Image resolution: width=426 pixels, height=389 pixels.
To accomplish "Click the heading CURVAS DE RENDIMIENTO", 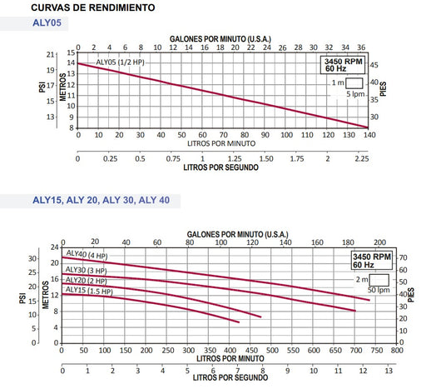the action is (x=93, y=7).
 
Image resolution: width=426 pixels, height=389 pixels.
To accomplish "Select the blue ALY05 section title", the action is (x=47, y=22).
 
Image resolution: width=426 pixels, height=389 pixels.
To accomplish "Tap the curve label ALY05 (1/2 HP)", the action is (x=120, y=62).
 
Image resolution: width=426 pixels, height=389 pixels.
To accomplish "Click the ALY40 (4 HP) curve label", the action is (x=87, y=255).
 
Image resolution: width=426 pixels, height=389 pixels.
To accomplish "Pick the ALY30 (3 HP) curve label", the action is (x=86, y=270).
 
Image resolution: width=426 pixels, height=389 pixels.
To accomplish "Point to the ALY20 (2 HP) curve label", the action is (x=86, y=281).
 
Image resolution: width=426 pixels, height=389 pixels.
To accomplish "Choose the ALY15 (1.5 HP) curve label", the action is (x=89, y=291).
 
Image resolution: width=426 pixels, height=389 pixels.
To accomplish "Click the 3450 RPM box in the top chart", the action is (x=343, y=65).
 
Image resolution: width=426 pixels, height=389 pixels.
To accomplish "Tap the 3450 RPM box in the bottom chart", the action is (x=372, y=261).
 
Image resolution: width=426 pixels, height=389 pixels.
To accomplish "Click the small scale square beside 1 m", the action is (x=354, y=83).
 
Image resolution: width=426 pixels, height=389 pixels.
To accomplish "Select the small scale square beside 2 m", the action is (x=379, y=280).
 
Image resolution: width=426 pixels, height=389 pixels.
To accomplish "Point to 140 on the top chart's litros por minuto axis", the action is (x=369, y=135).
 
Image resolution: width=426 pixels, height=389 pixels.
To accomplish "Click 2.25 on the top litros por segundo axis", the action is (x=362, y=159).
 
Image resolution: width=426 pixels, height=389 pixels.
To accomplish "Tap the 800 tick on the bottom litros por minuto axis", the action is (x=397, y=351).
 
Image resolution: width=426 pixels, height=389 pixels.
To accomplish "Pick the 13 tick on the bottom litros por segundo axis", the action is (x=389, y=371).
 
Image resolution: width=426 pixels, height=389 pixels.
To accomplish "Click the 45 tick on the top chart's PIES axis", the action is (x=374, y=65).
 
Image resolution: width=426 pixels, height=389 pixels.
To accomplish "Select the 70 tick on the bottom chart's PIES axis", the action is (x=403, y=257).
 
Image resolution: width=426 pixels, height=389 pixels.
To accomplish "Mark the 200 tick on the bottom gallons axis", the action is (x=379, y=242).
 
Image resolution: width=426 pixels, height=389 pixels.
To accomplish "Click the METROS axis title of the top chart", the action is (x=63, y=87).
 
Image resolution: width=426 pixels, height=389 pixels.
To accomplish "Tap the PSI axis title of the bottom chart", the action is (x=22, y=298).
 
